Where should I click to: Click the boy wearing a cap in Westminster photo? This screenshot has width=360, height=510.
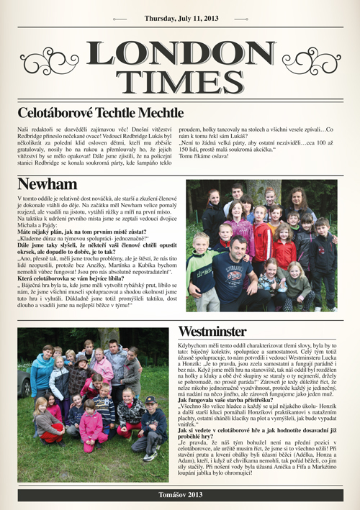click(x=150, y=424)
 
